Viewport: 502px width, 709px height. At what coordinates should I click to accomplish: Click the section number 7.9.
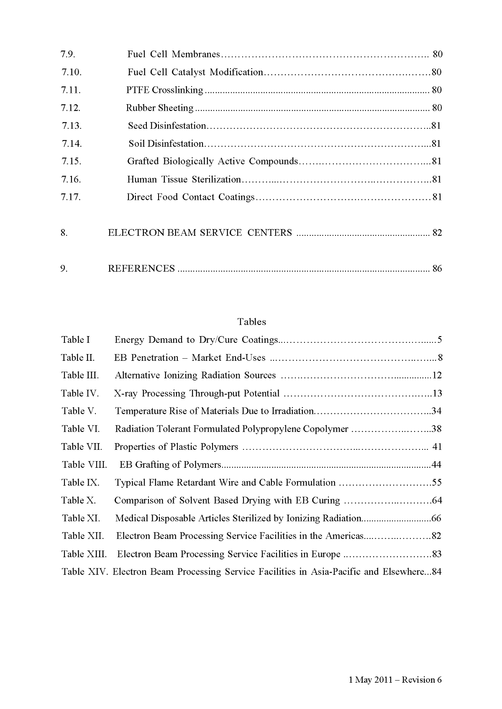[68, 54]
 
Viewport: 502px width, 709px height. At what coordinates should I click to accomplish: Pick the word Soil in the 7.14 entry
[137, 144]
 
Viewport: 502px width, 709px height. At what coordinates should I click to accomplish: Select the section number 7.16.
[71, 179]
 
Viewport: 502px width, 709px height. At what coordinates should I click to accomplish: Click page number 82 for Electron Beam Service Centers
[437, 233]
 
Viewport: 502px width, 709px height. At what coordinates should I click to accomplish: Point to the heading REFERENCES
[141, 268]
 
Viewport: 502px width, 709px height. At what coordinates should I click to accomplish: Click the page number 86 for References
[437, 268]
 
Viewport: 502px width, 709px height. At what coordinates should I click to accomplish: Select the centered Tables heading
[251, 321]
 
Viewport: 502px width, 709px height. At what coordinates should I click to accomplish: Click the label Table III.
[80, 375]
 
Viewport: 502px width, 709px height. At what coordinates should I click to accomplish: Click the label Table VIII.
[85, 465]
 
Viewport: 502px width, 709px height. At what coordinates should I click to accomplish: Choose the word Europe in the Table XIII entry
[326, 554]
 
